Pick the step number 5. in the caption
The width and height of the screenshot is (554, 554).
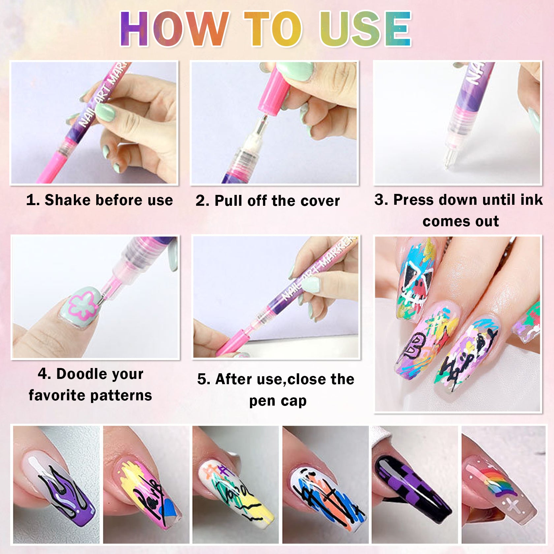pyautogui.click(x=204, y=379)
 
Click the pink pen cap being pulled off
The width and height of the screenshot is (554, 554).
pyautogui.click(x=275, y=92)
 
